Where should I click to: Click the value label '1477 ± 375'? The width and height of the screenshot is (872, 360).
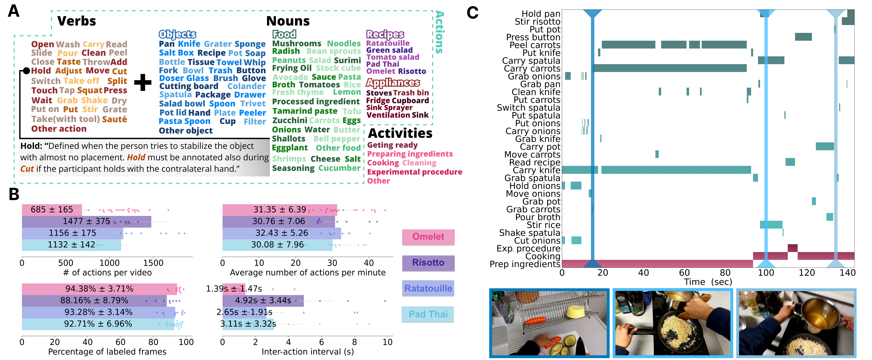86,221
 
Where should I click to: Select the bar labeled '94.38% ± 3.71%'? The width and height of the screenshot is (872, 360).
99,289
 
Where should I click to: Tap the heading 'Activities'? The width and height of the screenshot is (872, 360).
400,133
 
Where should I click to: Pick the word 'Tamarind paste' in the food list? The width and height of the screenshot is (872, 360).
305,111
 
